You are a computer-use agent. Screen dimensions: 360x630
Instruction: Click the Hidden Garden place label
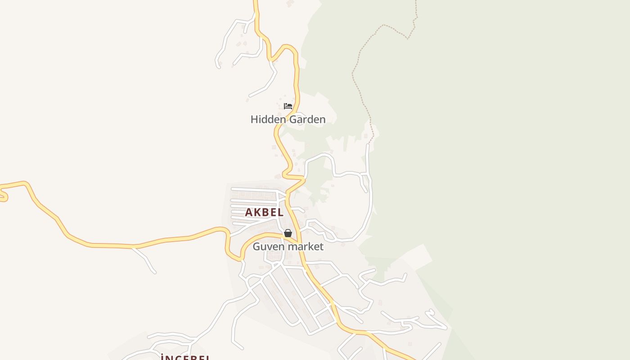coord(288,119)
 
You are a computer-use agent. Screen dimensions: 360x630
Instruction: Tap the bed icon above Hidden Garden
coord(288,106)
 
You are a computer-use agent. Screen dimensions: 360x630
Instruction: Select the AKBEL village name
coord(264,212)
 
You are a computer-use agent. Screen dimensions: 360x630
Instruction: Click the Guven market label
coord(288,247)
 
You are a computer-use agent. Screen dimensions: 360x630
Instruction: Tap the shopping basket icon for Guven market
coord(288,233)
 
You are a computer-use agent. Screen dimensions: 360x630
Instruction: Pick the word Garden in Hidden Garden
coord(307,119)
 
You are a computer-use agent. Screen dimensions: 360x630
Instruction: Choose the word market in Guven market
coord(306,247)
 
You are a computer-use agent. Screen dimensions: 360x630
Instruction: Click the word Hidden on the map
coord(268,119)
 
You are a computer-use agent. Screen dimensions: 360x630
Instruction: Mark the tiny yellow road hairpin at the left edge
coord(4,196)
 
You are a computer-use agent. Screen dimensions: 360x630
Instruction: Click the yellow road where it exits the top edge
coord(256,2)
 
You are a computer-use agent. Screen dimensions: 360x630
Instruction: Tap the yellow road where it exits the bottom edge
coord(409,358)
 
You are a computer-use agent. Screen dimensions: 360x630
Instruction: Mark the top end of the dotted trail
coord(416,2)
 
